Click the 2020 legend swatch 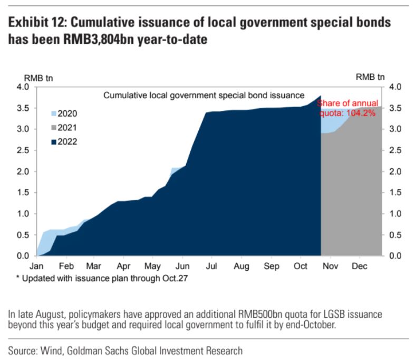[54, 113]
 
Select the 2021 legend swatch [54, 128]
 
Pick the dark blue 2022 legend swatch [54, 142]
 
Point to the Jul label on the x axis [211, 266]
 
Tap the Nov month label [330, 266]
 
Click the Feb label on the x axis [66, 266]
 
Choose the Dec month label [360, 266]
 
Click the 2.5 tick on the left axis [23, 150]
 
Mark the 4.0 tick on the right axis [395, 87]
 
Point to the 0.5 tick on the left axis [23, 235]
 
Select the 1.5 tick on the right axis [395, 193]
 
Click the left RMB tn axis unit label [38, 78]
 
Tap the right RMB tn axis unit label [370, 77]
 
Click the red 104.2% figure [361, 113]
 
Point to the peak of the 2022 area [321, 96]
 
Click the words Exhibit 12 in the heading [37, 22]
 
